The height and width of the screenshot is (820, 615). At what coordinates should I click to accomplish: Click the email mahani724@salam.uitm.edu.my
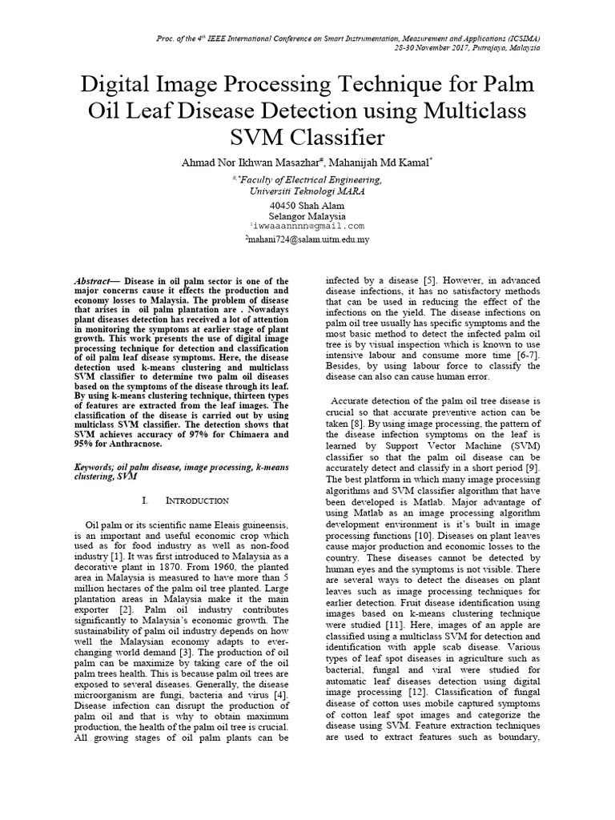click(x=307, y=239)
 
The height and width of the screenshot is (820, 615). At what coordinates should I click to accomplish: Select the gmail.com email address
click(x=307, y=227)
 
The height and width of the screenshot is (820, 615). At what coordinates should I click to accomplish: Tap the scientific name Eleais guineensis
click(x=247, y=523)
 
